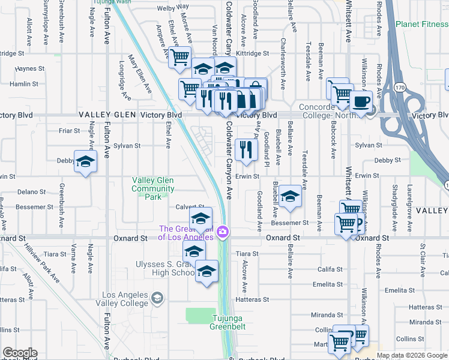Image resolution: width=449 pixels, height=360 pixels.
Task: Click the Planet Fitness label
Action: (422, 25)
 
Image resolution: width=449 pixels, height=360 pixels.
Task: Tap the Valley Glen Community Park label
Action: (153, 188)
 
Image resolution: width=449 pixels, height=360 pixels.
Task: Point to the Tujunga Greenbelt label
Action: (226, 322)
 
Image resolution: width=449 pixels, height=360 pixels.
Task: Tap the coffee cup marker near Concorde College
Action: (361, 101)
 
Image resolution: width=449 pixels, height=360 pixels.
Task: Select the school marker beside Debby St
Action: (85, 161)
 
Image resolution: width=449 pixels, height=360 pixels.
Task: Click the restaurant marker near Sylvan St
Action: (246, 149)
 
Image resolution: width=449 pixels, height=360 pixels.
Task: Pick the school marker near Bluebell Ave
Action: (290, 196)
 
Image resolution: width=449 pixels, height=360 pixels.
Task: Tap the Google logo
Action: (20, 353)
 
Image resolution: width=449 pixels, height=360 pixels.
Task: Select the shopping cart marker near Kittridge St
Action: (179, 58)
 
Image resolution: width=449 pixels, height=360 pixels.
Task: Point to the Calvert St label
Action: (186, 207)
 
